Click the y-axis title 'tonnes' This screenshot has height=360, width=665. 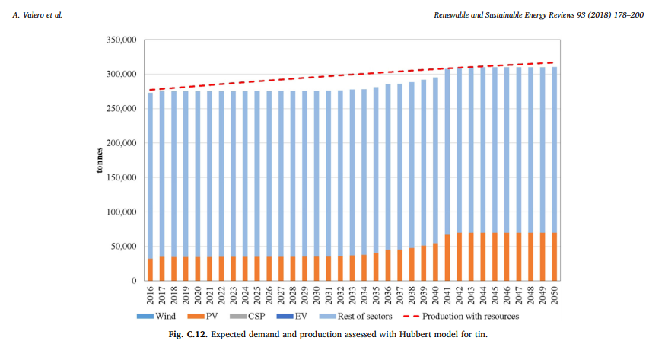100,160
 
